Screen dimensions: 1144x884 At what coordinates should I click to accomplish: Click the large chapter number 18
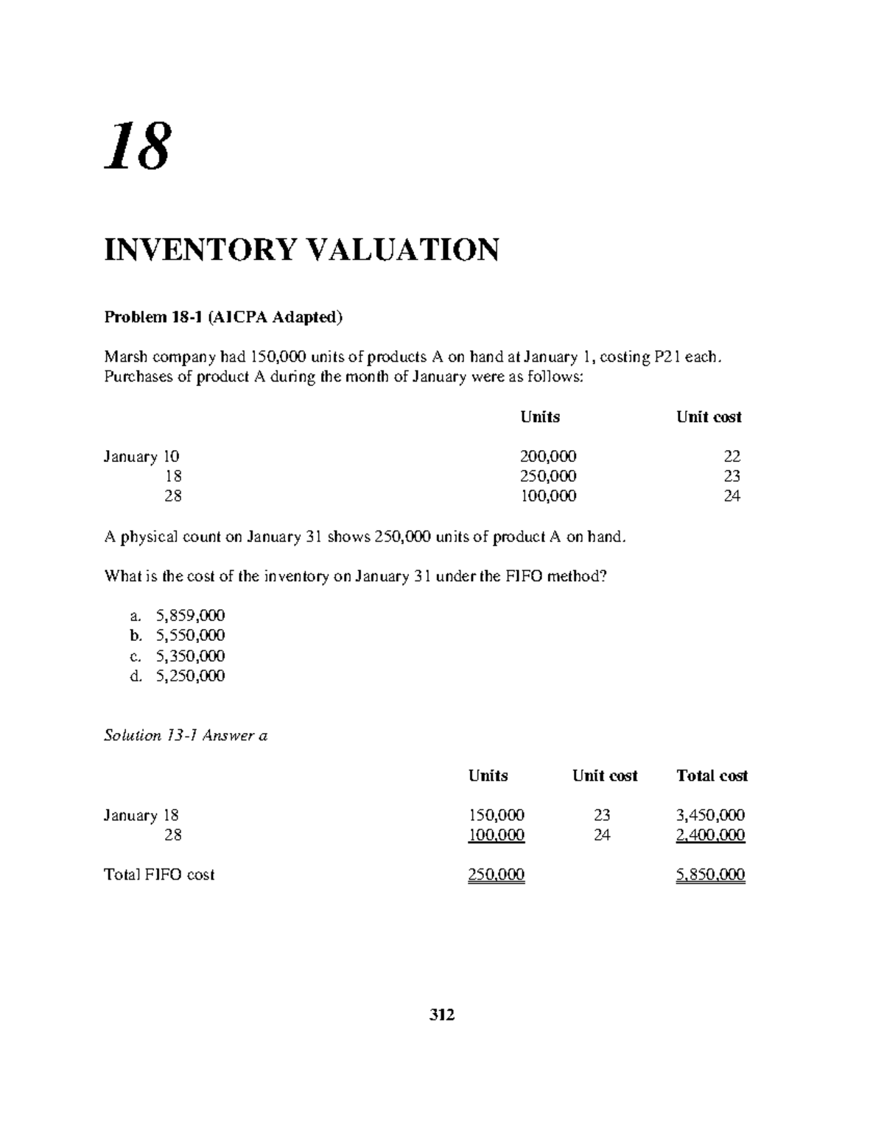pyautogui.click(x=137, y=147)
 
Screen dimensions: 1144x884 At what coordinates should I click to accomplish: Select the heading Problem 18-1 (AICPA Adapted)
pyautogui.click(x=223, y=317)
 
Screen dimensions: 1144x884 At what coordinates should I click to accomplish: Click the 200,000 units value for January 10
pyautogui.click(x=548, y=456)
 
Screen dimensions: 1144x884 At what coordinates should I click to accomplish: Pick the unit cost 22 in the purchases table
pyautogui.click(x=732, y=456)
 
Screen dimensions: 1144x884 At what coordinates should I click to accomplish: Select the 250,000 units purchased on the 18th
pyautogui.click(x=548, y=476)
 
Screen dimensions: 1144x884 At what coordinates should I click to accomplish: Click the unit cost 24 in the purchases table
pyautogui.click(x=732, y=496)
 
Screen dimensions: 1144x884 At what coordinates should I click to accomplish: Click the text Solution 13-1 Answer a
pyautogui.click(x=186, y=735)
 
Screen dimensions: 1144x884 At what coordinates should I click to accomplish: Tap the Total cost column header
pyautogui.click(x=712, y=776)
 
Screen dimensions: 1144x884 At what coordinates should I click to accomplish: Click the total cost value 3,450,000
pyautogui.click(x=711, y=815)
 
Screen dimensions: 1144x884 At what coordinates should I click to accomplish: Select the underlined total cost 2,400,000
pyautogui.click(x=711, y=835)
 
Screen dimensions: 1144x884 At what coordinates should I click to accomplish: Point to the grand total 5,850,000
pyautogui.click(x=711, y=874)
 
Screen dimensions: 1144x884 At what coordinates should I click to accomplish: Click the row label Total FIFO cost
pyautogui.click(x=159, y=874)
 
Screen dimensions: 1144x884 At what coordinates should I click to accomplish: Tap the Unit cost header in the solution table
pyautogui.click(x=604, y=776)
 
